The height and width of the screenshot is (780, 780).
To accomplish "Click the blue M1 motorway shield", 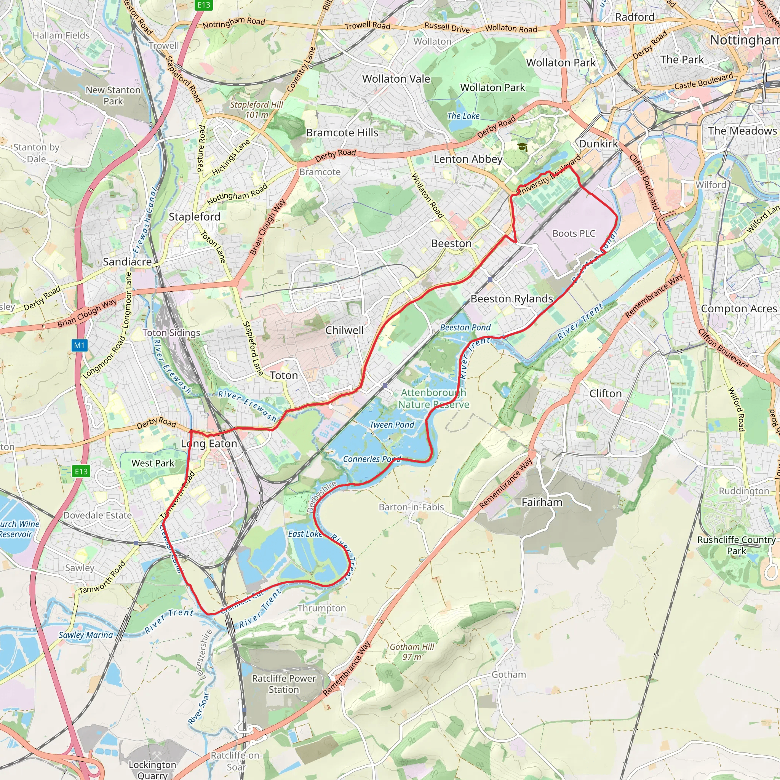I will [80, 345].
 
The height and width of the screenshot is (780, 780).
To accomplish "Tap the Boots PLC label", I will [574, 233].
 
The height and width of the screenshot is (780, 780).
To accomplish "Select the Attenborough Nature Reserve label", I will [433, 398].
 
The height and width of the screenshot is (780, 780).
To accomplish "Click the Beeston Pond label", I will [465, 328].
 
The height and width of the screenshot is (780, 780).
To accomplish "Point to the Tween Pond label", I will [392, 425].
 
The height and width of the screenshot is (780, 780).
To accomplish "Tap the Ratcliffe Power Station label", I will [284, 684].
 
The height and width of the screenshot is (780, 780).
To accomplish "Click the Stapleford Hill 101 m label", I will [257, 109].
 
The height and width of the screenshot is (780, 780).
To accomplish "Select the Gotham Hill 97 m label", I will [412, 652].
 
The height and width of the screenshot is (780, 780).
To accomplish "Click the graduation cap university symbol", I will [523, 147].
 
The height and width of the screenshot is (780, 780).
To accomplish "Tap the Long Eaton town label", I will [209, 444].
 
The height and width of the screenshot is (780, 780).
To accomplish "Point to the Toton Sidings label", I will [171, 332].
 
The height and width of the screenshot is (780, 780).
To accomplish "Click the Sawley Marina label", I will [86, 635].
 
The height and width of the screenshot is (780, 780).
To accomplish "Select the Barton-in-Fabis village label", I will [411, 507].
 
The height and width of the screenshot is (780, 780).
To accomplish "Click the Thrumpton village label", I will [322, 608].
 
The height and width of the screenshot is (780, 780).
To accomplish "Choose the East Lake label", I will [305, 534].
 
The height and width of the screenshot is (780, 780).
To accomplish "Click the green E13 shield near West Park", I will [81, 471].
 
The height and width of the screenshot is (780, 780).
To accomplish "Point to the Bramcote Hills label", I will [342, 133].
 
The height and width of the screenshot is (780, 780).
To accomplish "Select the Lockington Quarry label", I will [152, 769].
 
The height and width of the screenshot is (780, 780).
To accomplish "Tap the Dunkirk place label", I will [598, 144].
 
